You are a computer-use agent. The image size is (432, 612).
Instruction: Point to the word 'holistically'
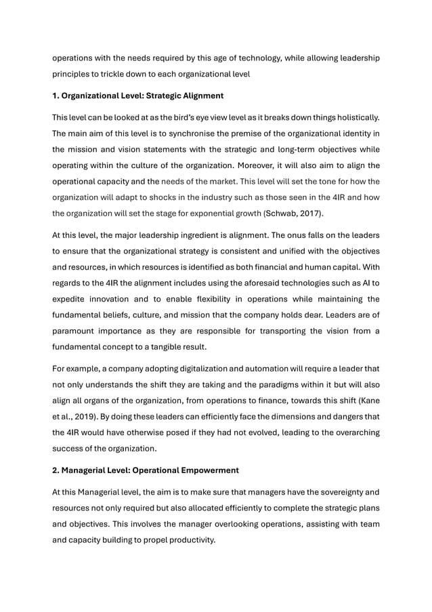pos(353,117)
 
